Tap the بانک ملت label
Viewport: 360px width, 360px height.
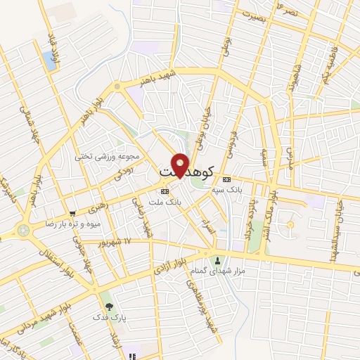pos(165,202)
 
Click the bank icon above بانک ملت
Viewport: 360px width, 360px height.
pos(165,191)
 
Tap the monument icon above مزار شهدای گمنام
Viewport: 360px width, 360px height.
pos(217,260)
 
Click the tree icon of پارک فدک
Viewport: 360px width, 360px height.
pos(108,307)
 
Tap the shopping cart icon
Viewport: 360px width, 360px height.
pos(73,213)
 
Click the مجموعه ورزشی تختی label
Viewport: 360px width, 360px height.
pos(108,157)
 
